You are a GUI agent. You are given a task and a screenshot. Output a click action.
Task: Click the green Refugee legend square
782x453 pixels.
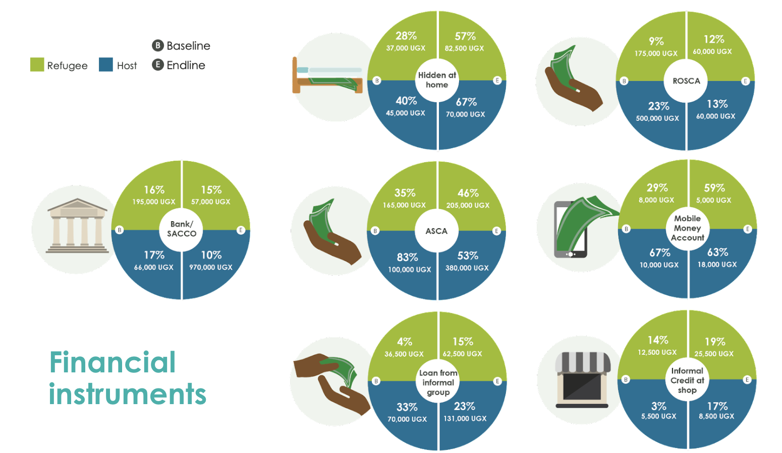(x=37, y=64)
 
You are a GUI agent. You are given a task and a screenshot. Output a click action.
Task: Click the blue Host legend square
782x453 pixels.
(x=106, y=64)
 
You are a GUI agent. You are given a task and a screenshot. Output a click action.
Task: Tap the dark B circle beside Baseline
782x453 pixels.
(x=158, y=45)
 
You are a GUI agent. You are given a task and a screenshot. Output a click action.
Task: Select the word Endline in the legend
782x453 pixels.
(x=186, y=65)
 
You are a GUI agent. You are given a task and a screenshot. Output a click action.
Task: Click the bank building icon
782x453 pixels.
(x=77, y=226)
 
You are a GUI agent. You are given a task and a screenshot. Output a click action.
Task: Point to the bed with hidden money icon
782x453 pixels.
(x=327, y=76)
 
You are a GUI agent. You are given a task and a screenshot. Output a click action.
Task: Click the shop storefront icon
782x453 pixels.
(x=583, y=380)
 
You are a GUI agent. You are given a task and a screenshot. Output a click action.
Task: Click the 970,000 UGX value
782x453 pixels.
(x=211, y=267)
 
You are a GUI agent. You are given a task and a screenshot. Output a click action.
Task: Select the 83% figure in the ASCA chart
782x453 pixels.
(x=408, y=257)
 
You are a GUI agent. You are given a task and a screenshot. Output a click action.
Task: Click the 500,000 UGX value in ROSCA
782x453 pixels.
(x=657, y=118)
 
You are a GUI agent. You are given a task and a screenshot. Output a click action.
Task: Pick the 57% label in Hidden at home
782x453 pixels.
(x=465, y=36)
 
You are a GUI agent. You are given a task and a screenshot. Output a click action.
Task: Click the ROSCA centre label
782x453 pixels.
(x=686, y=81)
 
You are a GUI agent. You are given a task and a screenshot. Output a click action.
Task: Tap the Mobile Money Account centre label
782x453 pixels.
(x=687, y=228)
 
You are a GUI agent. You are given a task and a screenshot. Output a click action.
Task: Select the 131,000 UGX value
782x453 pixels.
(x=465, y=418)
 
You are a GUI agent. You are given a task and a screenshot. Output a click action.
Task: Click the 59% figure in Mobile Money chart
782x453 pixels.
(x=714, y=188)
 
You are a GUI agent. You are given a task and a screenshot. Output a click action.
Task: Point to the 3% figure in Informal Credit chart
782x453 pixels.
(x=659, y=406)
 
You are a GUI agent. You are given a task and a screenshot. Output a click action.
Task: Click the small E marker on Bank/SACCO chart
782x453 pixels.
(x=241, y=230)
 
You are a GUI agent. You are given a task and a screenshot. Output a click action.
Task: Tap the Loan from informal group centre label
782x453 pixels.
(x=438, y=382)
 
